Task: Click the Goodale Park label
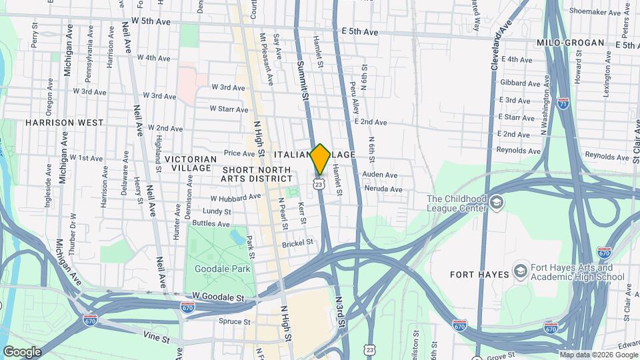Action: [x=217, y=269]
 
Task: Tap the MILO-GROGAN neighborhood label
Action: [x=570, y=43]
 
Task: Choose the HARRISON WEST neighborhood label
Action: [x=65, y=123]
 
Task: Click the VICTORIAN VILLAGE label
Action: [x=191, y=163]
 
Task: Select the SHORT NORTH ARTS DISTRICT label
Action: [x=257, y=175]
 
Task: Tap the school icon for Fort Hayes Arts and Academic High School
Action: [x=520, y=272]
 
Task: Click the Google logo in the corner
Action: [x=21, y=351]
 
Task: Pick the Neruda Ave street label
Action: [x=383, y=189]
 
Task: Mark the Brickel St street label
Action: [x=297, y=243]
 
